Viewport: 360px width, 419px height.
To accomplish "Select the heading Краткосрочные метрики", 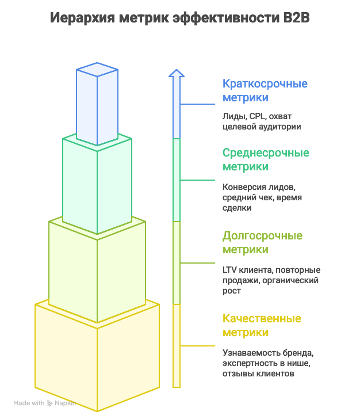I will click(x=265, y=90).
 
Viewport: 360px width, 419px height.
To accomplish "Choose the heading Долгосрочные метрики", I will click(x=262, y=242).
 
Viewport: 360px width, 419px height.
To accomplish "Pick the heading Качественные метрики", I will click(x=262, y=325).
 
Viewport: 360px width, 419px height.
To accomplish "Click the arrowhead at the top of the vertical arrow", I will click(x=177, y=73).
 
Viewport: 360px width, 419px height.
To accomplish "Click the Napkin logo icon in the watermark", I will click(x=51, y=403).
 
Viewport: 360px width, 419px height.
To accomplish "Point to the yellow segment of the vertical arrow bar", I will click(x=177, y=345).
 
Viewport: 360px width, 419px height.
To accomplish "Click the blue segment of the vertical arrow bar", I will click(x=177, y=109).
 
